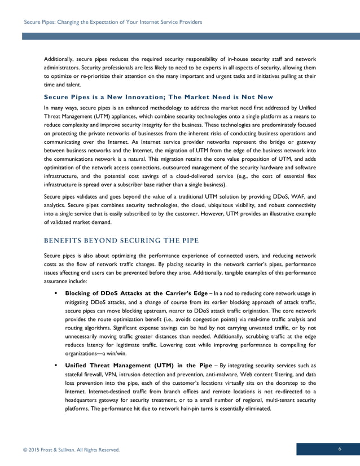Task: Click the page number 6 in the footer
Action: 340,449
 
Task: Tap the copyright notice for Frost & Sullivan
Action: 71,449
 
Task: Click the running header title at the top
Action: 113,22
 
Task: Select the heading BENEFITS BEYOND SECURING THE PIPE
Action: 121,241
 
